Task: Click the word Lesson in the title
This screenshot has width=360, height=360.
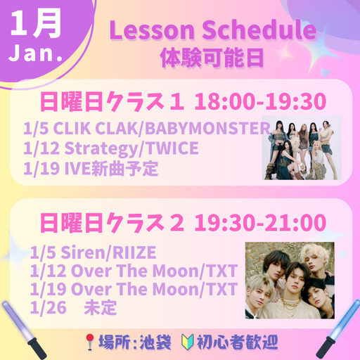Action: (153, 30)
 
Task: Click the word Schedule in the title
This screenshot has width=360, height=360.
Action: (259, 30)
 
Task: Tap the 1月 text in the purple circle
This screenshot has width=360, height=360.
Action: (36, 24)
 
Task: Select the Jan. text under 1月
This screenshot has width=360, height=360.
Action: (36, 53)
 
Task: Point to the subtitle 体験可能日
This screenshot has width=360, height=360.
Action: (212, 58)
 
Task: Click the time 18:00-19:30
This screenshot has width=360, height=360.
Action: (260, 101)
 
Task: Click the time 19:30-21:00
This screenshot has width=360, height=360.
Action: (260, 222)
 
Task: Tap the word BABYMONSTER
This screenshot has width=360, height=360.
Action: (207, 129)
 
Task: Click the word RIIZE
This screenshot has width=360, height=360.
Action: (134, 252)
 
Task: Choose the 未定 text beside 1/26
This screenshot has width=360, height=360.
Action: (101, 307)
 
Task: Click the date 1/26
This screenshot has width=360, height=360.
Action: (49, 307)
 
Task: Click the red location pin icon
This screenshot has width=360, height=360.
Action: (89, 342)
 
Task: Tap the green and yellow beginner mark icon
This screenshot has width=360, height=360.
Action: (188, 342)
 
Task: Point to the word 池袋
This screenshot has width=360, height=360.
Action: (155, 342)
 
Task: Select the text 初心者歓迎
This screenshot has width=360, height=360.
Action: (237, 342)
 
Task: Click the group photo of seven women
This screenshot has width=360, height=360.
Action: (302, 148)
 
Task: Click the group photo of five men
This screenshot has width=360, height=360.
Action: (290, 281)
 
